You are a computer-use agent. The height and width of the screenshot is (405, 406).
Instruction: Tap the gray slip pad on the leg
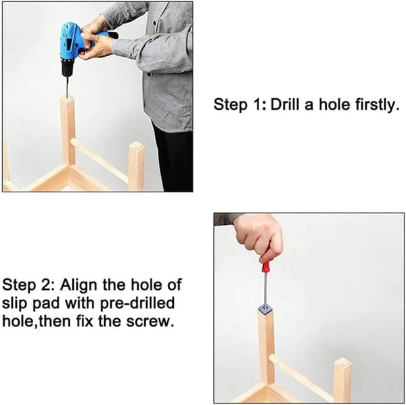click(265, 308)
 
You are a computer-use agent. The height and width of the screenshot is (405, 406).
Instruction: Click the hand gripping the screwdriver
click(258, 238)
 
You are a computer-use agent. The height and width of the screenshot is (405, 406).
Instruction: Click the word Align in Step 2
click(78, 286)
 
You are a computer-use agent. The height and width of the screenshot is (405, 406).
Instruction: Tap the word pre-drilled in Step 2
click(137, 303)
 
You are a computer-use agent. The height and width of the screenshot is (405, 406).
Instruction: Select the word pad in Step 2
click(47, 303)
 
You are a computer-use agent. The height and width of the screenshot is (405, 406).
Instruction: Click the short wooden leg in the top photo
click(137, 166)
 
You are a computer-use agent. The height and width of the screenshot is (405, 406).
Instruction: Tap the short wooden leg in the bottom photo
click(342, 380)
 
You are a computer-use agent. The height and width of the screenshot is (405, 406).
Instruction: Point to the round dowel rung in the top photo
click(99, 160)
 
